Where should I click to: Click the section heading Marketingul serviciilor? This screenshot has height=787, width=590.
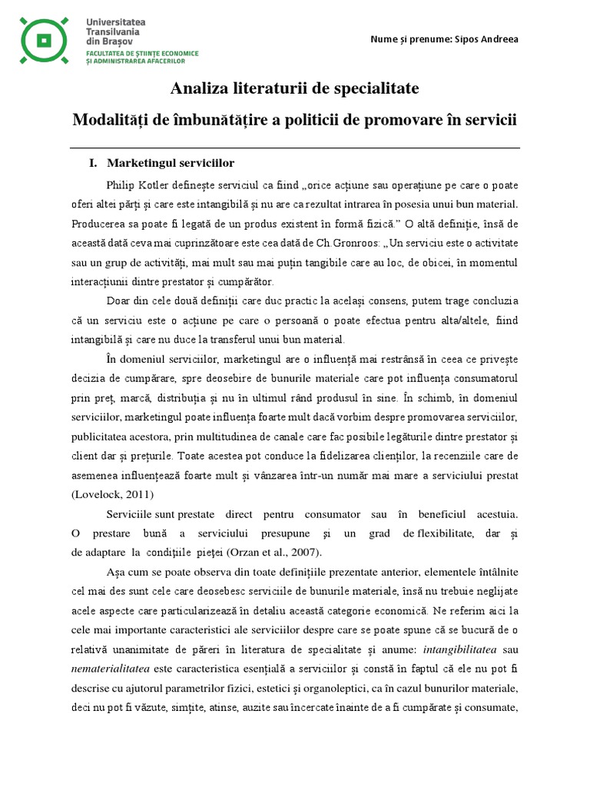pyautogui.click(x=171, y=164)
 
